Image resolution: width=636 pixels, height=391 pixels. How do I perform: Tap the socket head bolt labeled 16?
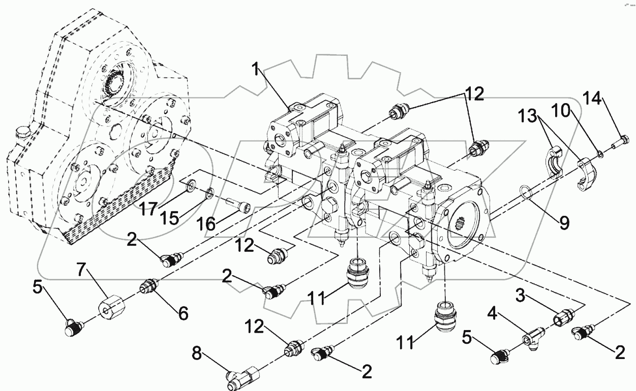pyautogui.click(x=237, y=206)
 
